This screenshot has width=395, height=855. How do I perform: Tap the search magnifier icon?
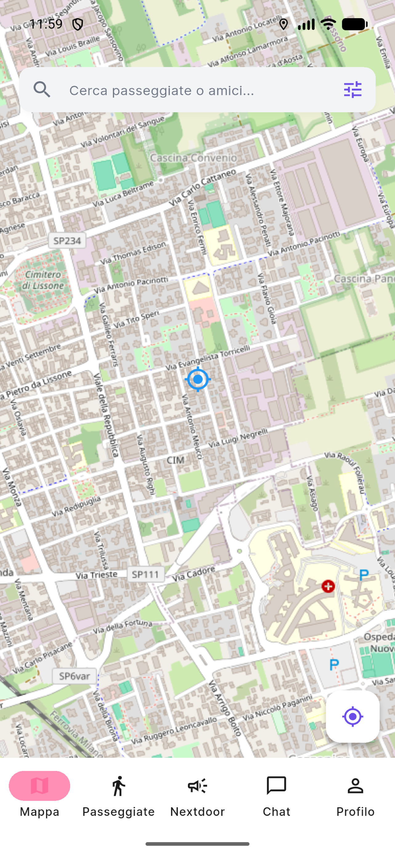point(42,90)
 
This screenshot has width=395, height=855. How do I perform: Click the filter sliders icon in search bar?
point(353,90)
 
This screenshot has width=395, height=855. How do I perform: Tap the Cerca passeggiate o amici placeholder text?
point(162,90)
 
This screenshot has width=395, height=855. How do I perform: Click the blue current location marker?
point(198,379)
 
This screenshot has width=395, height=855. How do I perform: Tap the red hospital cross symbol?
point(328,586)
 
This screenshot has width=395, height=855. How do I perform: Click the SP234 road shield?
point(67,241)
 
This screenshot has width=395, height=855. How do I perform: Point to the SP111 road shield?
point(146,574)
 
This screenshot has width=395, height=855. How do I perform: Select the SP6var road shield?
point(74,676)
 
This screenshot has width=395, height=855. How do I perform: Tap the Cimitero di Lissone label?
point(43,280)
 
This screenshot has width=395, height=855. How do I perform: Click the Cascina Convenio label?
point(194,158)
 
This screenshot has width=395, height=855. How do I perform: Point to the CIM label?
point(175,460)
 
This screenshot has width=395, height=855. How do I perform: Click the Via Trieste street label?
point(97,575)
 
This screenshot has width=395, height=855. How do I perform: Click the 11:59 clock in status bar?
point(46,24)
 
